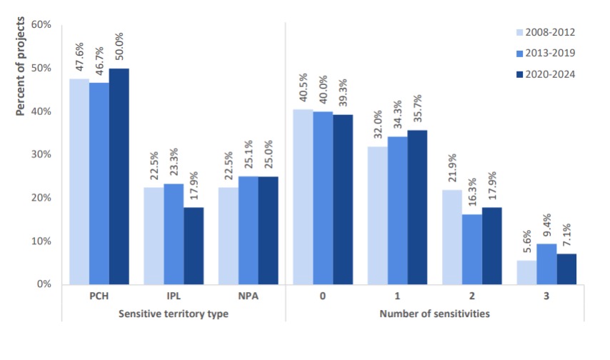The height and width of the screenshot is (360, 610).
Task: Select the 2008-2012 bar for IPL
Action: point(154,236)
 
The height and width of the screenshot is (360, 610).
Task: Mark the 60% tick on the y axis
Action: point(39,25)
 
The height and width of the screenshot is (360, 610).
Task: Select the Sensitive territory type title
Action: point(173,314)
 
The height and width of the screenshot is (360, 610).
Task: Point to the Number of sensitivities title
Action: point(434,314)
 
